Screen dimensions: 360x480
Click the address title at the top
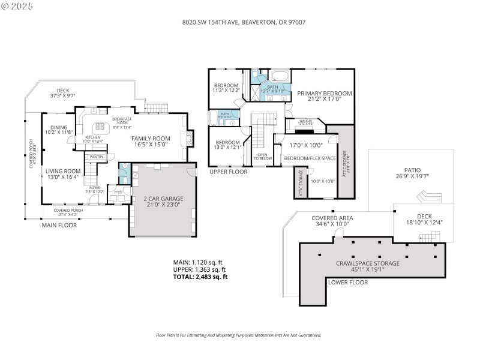[240, 22]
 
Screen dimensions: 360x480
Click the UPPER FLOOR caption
[228, 172]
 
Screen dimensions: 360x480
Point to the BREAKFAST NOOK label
[122, 121]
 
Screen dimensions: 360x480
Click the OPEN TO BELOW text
[262, 157]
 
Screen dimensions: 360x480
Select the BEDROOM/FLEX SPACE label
[309, 158]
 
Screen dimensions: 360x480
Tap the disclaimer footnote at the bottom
[239, 335]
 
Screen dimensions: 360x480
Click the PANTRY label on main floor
[97, 157]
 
